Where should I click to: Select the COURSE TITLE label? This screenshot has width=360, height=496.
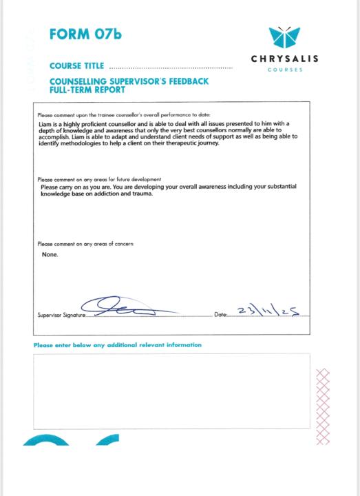[x=77, y=67]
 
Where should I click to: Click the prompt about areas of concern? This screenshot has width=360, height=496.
[x=85, y=244]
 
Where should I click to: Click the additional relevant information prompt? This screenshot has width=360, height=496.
[x=118, y=344]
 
